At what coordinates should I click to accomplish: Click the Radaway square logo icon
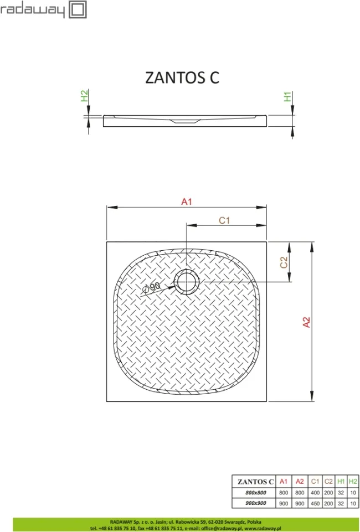78,9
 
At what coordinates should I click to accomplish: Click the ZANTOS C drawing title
182,78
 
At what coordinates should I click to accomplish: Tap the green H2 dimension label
84,95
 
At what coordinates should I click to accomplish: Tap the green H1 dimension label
287,97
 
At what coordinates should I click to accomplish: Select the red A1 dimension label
187,202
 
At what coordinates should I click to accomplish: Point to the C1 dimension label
224,220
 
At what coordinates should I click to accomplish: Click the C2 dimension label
284,262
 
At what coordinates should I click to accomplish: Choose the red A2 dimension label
306,322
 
